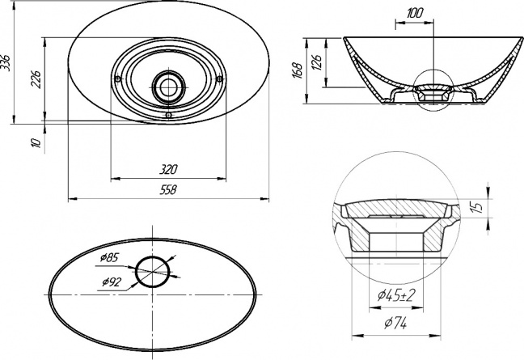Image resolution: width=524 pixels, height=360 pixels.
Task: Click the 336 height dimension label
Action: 6,62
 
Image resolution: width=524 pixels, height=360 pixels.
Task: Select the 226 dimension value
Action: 36,79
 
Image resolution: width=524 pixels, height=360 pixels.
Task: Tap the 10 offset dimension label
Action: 36,142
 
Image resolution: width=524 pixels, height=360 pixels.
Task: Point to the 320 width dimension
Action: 168,170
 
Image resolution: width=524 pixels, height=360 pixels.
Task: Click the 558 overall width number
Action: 168,190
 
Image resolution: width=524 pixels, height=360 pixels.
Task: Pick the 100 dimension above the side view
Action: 415,14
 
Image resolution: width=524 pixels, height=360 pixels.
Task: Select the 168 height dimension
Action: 297,70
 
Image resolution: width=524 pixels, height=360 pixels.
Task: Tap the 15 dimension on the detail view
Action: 478,207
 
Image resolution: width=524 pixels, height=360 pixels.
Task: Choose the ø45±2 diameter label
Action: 396,295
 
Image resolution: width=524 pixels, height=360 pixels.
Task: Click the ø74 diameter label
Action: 395,323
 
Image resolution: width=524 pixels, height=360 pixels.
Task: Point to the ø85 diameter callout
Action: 109,258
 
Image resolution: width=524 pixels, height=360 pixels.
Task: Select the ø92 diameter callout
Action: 111,282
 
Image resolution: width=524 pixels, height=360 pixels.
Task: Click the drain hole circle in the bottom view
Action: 137,272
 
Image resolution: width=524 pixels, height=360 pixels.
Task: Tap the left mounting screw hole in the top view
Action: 117,79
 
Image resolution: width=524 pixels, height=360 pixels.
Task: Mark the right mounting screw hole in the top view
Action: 220,79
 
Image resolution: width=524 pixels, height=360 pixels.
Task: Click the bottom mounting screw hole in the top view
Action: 169,115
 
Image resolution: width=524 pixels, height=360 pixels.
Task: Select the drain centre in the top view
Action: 168,87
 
